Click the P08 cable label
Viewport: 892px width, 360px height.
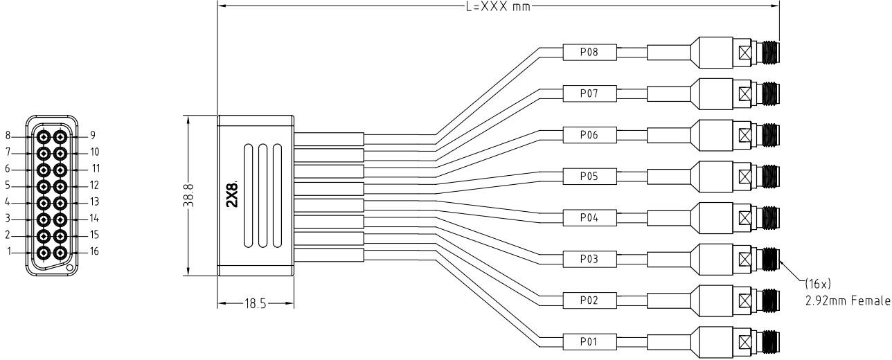[589, 52]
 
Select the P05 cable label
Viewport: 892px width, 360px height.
[589, 176]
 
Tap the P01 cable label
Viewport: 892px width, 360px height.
[589, 341]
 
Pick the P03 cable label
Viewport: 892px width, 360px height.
[589, 259]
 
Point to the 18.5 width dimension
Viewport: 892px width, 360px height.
[256, 303]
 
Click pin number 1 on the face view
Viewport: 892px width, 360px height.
[10, 252]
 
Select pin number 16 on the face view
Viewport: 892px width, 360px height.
[94, 251]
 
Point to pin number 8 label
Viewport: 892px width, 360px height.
[10, 136]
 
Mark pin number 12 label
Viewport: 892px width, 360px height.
[94, 186]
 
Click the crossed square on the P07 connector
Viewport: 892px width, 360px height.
[746, 93]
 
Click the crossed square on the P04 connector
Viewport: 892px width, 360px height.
[746, 217]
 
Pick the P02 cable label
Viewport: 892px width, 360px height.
[589, 300]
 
